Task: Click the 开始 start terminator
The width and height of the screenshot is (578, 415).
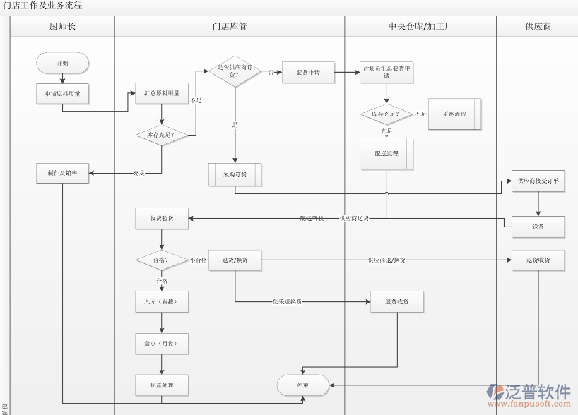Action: [x=63, y=63]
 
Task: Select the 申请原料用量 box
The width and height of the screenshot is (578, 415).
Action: [x=63, y=93]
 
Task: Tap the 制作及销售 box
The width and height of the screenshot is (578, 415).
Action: [x=63, y=173]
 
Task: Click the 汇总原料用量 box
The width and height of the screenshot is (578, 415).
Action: [x=162, y=93]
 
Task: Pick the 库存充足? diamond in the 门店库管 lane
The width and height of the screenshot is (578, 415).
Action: [x=162, y=134]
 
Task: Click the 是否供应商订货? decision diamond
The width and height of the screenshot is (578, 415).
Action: [x=235, y=71]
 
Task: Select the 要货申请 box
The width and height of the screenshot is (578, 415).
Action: [x=308, y=72]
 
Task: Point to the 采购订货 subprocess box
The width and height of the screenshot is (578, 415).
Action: [x=235, y=174]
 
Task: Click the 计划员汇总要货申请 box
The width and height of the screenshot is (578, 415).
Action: [x=387, y=72]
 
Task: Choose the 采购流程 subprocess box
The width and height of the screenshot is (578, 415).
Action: [x=454, y=114]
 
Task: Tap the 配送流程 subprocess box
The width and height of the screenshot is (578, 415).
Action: [x=387, y=154]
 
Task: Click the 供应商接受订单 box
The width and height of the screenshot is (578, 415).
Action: [x=538, y=181]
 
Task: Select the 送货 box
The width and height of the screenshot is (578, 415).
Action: [x=538, y=227]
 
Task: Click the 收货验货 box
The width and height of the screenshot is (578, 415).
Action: [x=162, y=219]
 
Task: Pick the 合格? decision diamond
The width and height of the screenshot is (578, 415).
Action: [x=162, y=260]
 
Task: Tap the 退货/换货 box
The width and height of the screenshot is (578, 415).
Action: [x=235, y=260]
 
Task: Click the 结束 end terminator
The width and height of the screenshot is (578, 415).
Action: [x=302, y=385]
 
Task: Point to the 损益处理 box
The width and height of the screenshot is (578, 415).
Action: [x=162, y=385]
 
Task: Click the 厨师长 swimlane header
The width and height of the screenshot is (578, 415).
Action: [x=63, y=27]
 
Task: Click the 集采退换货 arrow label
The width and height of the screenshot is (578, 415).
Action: [x=288, y=302]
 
